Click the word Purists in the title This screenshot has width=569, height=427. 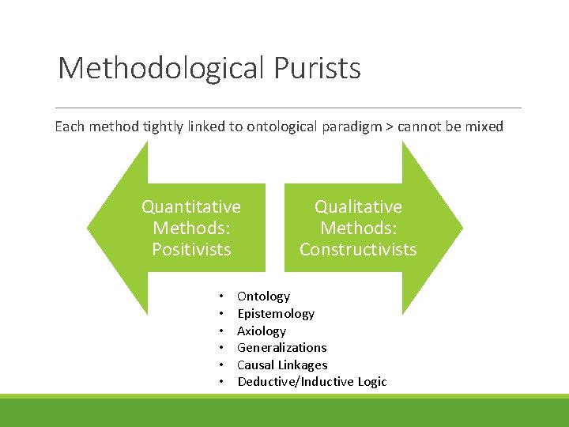click(x=317, y=69)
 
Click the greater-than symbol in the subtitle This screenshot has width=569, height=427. click(x=390, y=127)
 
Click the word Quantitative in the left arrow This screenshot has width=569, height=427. click(x=191, y=207)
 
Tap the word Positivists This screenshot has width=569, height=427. click(x=191, y=250)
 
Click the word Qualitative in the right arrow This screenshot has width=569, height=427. click(x=358, y=207)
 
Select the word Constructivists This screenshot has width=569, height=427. click(x=358, y=250)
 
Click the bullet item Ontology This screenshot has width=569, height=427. click(x=263, y=297)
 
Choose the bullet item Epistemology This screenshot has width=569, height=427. click(x=275, y=314)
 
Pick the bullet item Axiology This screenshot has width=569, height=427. click(x=261, y=331)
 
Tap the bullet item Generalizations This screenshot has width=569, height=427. click(x=281, y=348)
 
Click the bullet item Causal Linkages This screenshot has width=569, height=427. click(x=282, y=365)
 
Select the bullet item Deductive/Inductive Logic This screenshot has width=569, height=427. click(x=311, y=382)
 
